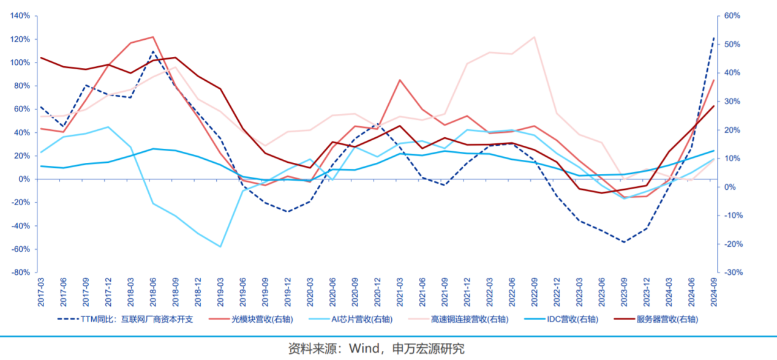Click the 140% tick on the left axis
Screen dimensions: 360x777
20,16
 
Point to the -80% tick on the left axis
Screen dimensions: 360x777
20,272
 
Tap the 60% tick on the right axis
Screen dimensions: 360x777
733,16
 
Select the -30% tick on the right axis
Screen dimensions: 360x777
733,272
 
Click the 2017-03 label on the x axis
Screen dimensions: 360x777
40,291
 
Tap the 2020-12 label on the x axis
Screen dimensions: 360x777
377,291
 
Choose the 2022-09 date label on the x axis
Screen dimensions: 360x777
535,291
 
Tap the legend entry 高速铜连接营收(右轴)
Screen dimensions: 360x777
469,319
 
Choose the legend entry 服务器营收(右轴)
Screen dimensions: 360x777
667,319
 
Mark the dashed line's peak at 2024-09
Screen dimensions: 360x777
714,38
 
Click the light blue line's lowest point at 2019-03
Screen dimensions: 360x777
220,247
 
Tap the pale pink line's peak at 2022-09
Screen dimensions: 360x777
535,37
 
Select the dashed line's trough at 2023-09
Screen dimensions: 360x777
624,242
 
